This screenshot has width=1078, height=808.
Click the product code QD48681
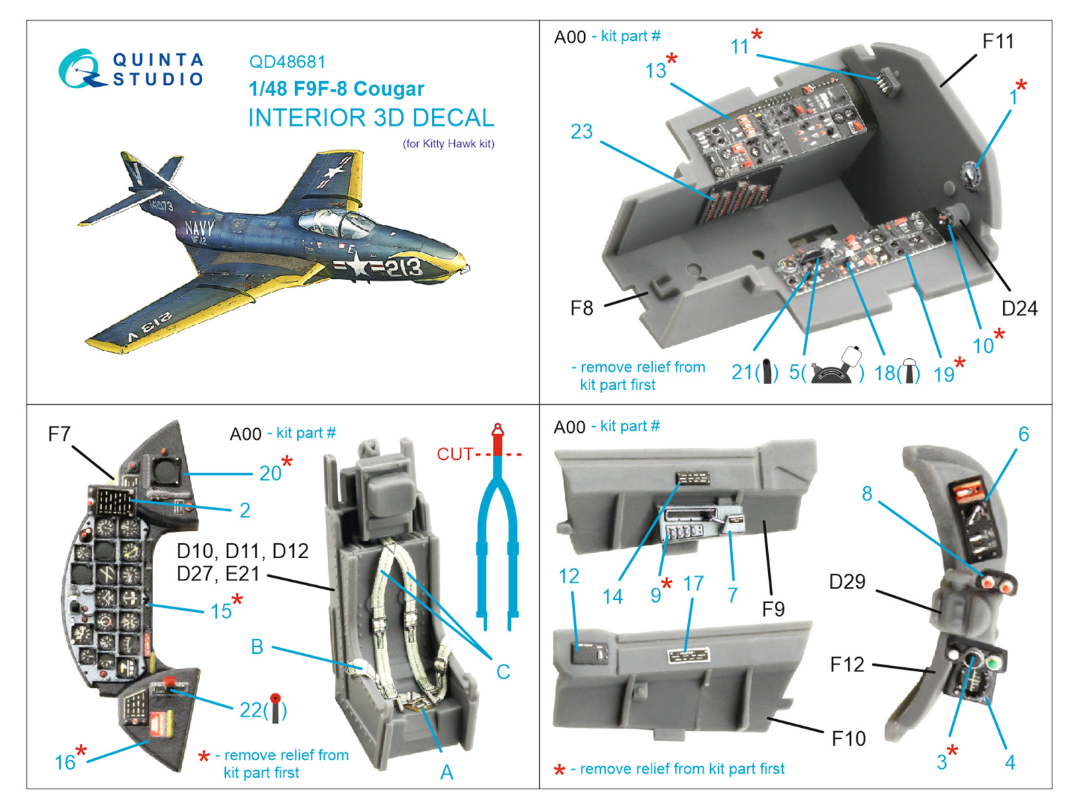click(287, 62)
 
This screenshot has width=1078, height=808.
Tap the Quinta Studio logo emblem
click(81, 69)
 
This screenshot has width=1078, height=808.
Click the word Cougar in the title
click(389, 89)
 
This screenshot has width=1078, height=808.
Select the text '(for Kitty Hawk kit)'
click(448, 143)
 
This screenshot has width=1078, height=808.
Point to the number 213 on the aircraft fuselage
click(403, 267)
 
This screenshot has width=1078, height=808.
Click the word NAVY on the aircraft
click(199, 228)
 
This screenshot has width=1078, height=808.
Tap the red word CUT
click(455, 454)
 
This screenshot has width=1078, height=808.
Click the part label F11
click(997, 42)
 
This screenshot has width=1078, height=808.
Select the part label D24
click(1019, 308)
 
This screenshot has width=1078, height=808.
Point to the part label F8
click(581, 308)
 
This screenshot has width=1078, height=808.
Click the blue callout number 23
click(581, 131)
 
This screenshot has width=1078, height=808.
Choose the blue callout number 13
click(655, 71)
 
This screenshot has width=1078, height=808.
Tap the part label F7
click(59, 434)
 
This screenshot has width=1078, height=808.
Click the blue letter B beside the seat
click(257, 647)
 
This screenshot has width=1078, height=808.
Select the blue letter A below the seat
click(446, 772)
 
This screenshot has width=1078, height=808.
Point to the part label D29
click(847, 582)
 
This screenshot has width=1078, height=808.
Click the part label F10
click(848, 739)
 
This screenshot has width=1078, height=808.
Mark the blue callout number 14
click(612, 597)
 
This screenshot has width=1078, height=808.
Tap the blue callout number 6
click(1023, 434)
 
